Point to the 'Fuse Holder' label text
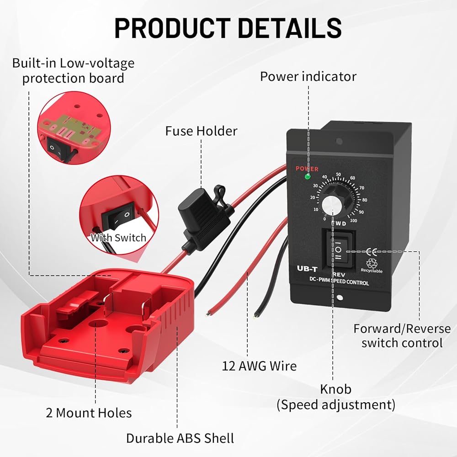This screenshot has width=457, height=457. [201, 131]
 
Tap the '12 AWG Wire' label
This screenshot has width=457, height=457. [259, 366]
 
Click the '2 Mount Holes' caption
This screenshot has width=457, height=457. [89, 413]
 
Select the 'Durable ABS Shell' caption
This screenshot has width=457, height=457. [180, 438]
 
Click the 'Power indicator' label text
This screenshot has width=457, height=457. [308, 76]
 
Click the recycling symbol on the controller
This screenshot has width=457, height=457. [371, 263]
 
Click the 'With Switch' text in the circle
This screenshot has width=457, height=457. [118, 238]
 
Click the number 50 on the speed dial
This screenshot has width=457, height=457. [339, 174]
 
